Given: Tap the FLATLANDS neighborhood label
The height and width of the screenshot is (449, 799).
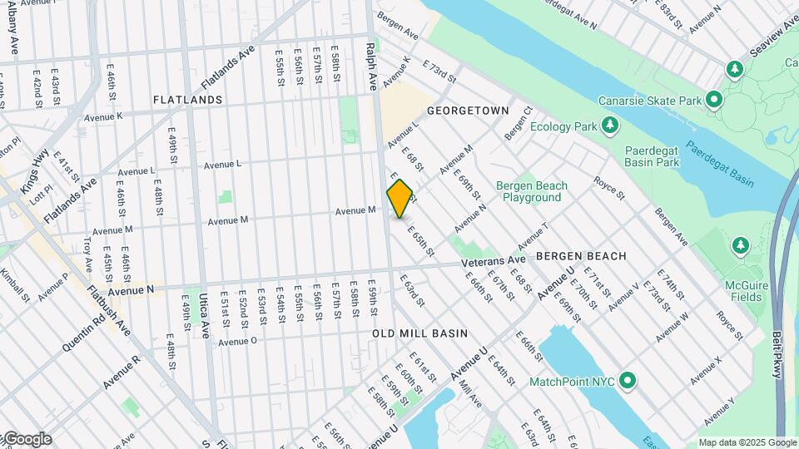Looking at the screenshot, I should coord(187,100).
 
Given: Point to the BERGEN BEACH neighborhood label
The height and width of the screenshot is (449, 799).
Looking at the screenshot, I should coord(581,256).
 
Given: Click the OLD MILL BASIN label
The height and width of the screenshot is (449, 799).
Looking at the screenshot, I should coord(419,333).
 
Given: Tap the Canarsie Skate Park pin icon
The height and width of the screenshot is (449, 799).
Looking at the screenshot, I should coord(713,101).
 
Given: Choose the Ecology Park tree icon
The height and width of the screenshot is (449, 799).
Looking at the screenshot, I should coord(611,126).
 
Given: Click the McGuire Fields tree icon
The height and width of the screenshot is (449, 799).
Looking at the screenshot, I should coord(740,245).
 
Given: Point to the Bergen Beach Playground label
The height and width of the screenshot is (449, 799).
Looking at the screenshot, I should coord(532,191).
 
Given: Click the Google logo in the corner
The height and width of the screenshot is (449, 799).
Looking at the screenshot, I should coord(27,438).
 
